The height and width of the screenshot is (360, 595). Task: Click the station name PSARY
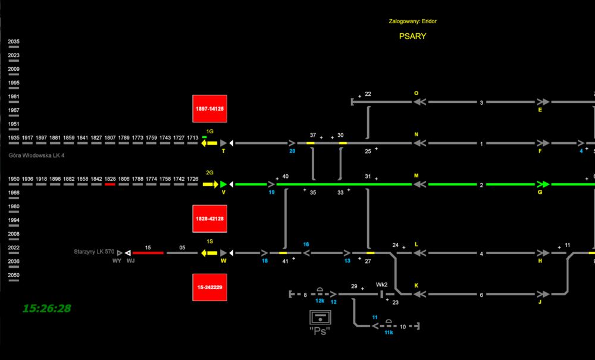click(412, 36)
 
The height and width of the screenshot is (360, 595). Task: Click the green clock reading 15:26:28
click(47, 308)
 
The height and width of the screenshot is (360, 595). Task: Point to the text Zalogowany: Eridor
click(413, 21)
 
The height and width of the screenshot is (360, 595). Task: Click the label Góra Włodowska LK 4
click(36, 156)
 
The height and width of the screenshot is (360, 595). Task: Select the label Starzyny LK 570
click(94, 252)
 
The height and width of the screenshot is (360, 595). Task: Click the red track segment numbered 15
click(148, 253)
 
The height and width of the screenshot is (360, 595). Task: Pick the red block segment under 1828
click(110, 184)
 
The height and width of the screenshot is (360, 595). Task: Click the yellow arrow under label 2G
click(209, 184)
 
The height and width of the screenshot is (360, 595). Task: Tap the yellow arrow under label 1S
click(209, 253)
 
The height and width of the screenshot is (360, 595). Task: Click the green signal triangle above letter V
click(223, 184)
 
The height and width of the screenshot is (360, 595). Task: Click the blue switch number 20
click(292, 151)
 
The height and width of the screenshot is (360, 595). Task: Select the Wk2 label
click(381, 284)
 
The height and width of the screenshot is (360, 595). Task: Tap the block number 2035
click(14, 42)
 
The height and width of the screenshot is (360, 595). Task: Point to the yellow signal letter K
click(416, 286)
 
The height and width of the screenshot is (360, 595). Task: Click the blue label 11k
click(389, 333)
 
